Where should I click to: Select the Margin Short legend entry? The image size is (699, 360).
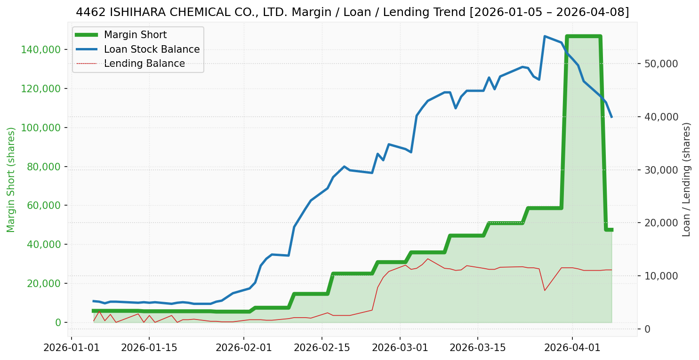135,35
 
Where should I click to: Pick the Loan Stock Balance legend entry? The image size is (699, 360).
152,49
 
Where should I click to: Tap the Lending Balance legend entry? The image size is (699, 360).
144,64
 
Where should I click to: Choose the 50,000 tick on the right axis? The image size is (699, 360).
659,64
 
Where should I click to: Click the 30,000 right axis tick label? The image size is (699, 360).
659,170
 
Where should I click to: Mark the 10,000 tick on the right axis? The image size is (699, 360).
659,276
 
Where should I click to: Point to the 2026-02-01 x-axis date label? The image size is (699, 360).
244,348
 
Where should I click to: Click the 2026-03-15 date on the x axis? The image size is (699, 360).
478,348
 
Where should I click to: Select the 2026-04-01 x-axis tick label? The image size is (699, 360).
572,348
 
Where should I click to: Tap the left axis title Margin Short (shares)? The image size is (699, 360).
11,179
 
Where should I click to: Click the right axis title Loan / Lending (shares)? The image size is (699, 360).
686,179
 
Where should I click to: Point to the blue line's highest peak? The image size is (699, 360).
545,36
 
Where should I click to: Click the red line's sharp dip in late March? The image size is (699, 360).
545,290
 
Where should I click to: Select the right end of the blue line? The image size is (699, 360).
611,117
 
